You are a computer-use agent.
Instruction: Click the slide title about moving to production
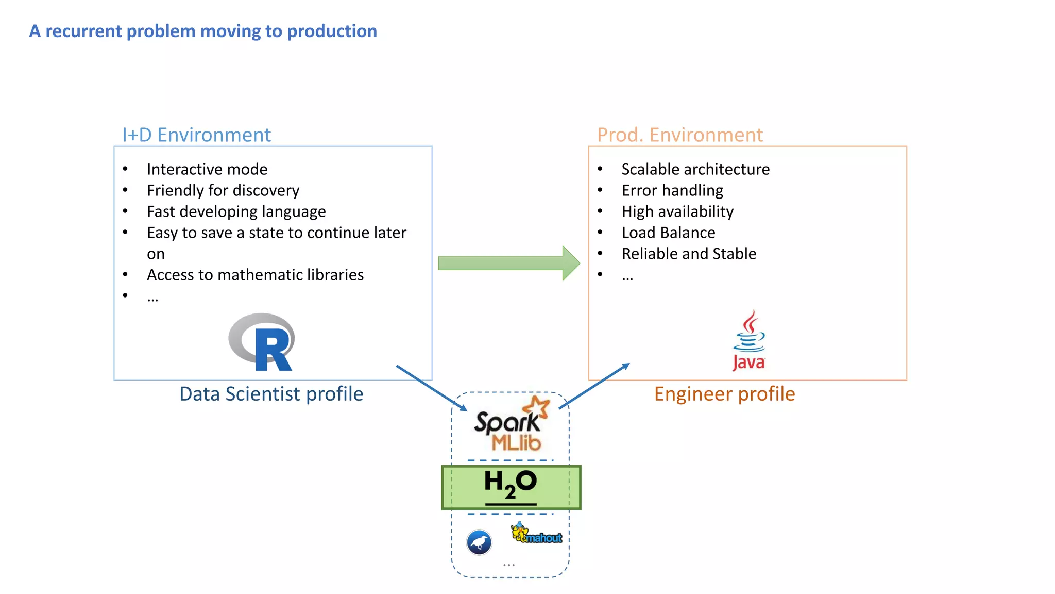click(203, 31)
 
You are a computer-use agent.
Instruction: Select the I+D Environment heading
click(196, 135)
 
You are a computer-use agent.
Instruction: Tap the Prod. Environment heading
click(679, 135)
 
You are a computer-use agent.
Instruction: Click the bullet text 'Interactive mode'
click(207, 169)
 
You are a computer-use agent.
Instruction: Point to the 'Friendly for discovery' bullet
click(223, 190)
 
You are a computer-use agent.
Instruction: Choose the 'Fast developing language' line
click(236, 211)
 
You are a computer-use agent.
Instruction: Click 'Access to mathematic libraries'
click(255, 275)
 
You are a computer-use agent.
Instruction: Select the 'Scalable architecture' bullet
click(695, 169)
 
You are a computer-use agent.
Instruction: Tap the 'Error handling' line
click(672, 190)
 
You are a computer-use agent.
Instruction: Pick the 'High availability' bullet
click(677, 211)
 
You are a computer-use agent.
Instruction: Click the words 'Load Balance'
click(668, 233)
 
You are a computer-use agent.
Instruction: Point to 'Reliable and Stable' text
click(689, 254)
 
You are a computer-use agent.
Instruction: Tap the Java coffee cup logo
click(749, 340)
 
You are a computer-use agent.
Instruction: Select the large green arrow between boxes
click(508, 263)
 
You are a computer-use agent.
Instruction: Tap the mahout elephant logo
click(536, 534)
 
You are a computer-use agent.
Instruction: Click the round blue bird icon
click(479, 542)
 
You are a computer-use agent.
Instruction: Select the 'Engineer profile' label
click(724, 394)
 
